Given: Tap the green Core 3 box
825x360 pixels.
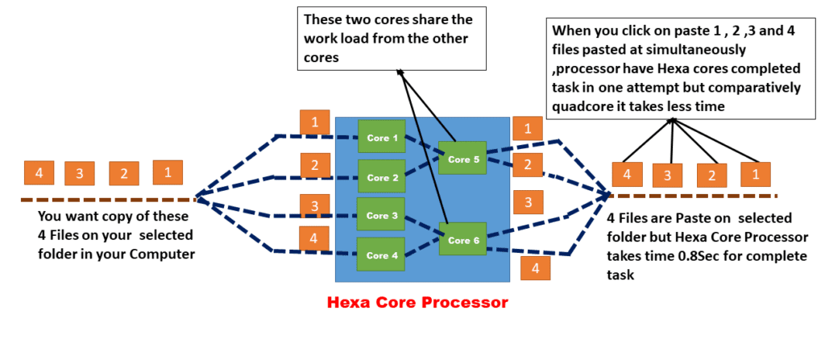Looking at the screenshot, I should tap(381, 215).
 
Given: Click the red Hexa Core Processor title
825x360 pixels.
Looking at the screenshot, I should tap(417, 304).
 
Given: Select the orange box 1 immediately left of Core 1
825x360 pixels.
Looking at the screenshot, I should tap(314, 122).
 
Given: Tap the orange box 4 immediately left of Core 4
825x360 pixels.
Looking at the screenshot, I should tap(314, 238).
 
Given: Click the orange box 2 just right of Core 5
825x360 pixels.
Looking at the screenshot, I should tap(527, 165).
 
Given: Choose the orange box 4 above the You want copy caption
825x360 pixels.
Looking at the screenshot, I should tap(39, 172).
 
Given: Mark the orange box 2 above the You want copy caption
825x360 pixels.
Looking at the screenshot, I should tap(124, 172).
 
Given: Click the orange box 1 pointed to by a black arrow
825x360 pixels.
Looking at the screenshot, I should tap(756, 174).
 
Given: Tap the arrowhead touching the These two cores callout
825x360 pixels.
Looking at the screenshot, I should tap(400, 72).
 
